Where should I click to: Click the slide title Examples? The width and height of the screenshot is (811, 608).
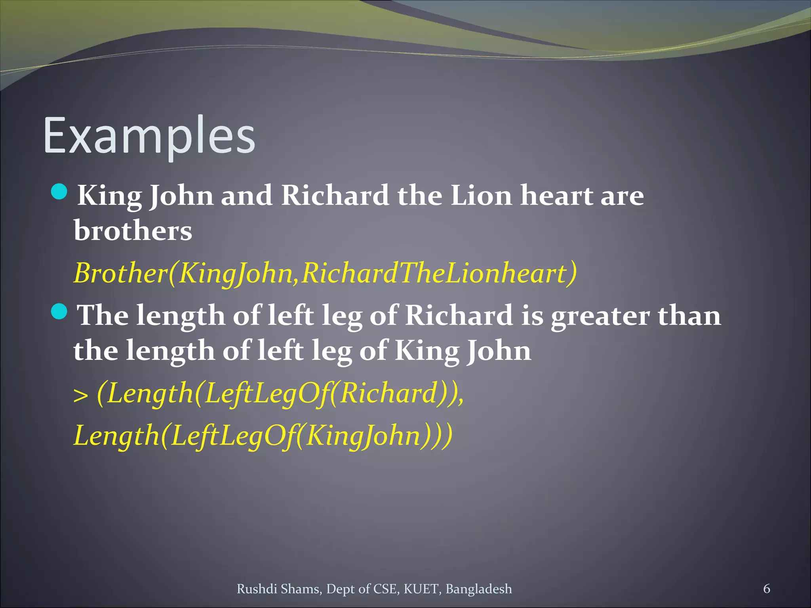(149, 136)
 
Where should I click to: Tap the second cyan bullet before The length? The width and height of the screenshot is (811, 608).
(60, 312)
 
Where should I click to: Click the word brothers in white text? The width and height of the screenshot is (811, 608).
(133, 230)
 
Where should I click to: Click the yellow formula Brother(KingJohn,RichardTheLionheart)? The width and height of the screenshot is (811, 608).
(325, 273)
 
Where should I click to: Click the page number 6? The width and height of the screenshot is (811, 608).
(767, 589)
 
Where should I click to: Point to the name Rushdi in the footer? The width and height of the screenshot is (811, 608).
(257, 589)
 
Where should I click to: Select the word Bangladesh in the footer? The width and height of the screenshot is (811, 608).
(479, 589)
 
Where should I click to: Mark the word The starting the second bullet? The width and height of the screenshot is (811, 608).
(103, 316)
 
